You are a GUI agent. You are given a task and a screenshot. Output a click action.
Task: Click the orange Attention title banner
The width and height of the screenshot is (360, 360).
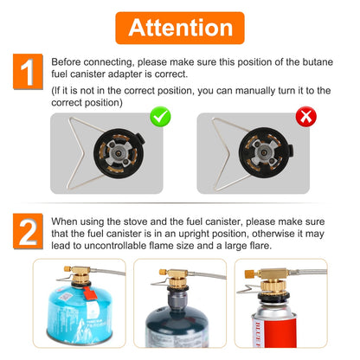coord(180,27)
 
